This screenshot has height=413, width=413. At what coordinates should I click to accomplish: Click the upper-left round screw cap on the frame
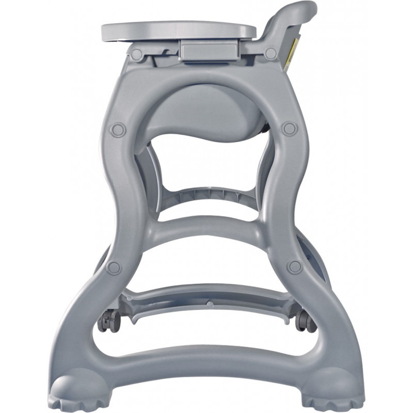tap(118, 129)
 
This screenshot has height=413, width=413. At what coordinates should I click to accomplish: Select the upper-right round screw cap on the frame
tap(290, 128)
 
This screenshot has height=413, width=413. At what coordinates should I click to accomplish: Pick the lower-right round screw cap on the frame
tap(295, 267)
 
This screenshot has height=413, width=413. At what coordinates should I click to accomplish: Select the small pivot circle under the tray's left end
tap(136, 54)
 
